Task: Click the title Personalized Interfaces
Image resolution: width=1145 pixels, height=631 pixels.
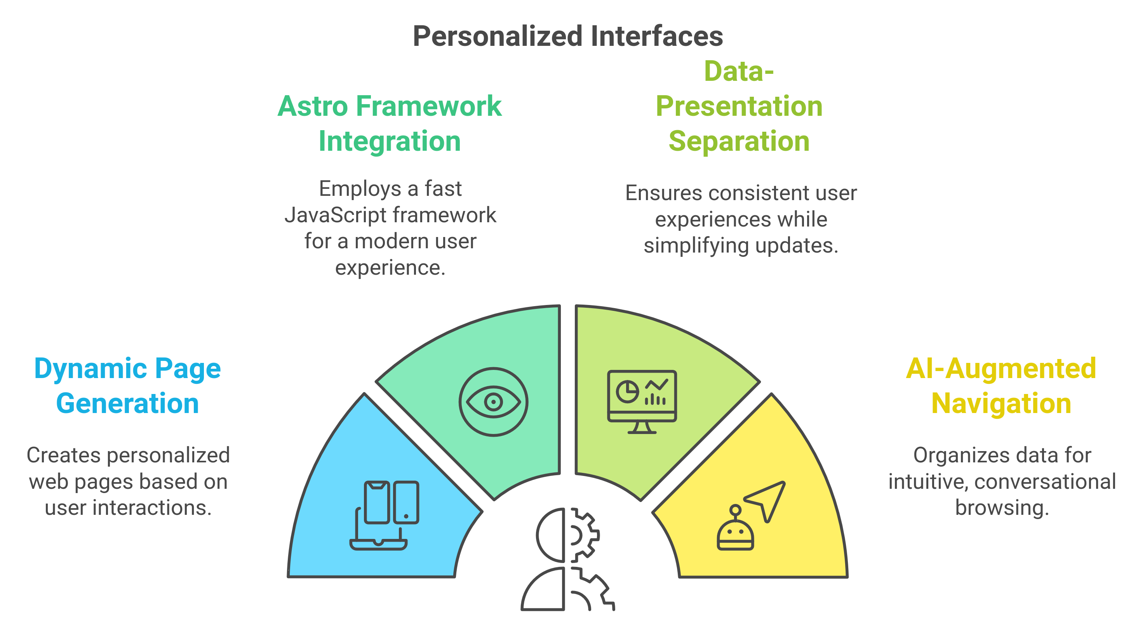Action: coord(567,36)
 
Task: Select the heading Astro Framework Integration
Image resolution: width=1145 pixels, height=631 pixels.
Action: coord(390,124)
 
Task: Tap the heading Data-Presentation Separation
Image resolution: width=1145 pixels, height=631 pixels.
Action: coord(739,107)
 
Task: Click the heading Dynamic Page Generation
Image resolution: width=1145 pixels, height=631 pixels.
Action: coord(127,386)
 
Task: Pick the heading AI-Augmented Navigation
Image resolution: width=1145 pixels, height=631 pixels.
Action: coord(1001,386)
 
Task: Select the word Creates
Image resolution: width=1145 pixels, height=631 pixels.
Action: coord(63,455)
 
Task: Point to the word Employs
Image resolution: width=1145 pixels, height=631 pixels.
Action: coord(360,189)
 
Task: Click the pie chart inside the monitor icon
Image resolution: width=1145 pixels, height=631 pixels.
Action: coord(627,392)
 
